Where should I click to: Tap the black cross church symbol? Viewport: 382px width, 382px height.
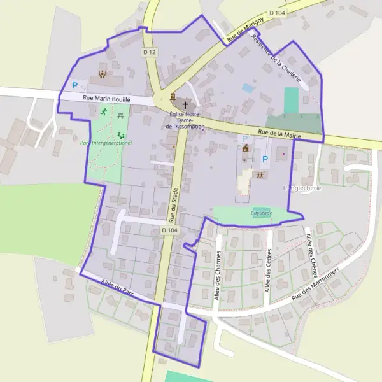(x=186, y=105)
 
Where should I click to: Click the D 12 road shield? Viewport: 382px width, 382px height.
(x=150, y=52)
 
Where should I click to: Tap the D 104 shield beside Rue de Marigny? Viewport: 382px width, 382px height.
(x=276, y=13)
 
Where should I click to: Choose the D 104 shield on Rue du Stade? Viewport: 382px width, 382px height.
(x=169, y=230)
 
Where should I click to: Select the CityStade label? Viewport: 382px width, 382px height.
(x=261, y=213)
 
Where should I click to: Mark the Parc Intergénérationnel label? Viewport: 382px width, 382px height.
(x=106, y=143)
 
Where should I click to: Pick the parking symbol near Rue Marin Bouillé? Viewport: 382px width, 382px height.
(x=74, y=85)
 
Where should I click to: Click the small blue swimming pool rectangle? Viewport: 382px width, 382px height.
(x=248, y=88)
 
